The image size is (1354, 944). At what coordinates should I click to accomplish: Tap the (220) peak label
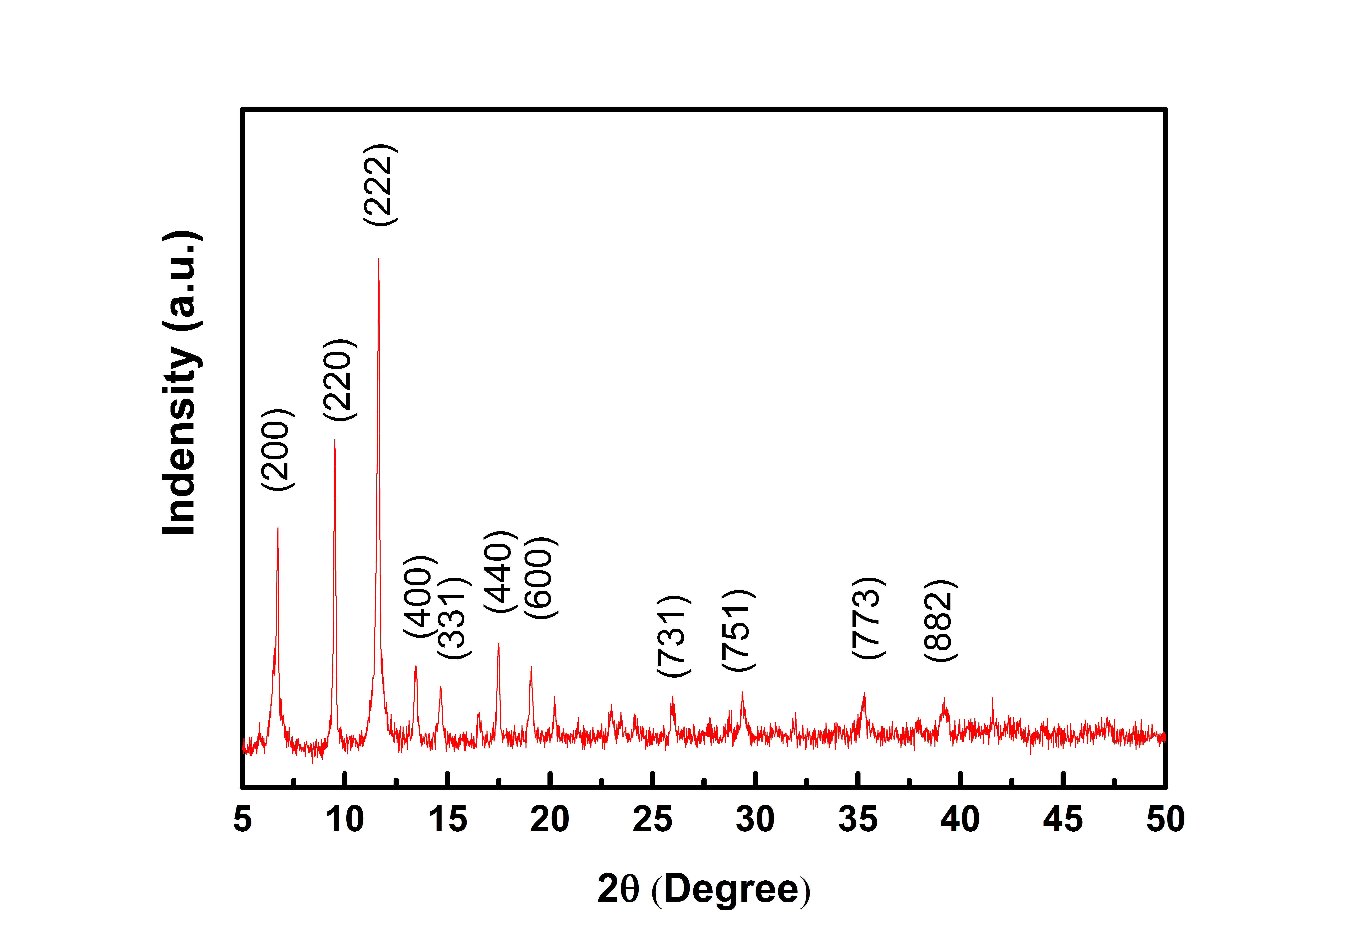340,380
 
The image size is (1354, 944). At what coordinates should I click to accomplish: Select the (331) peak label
454,618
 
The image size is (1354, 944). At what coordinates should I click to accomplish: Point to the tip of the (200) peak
278,529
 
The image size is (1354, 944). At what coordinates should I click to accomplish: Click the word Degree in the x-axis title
731,890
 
